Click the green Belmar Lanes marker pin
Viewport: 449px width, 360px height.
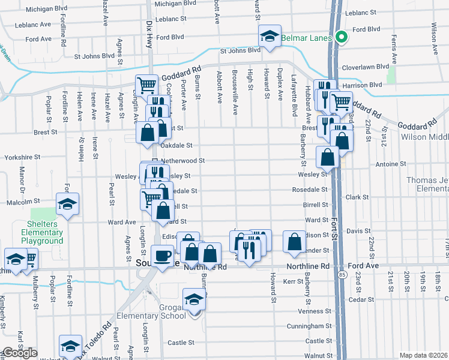342,37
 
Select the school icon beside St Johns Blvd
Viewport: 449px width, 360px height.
270,37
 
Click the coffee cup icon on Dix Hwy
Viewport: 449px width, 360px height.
162,256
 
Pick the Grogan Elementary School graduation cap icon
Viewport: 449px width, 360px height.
194,298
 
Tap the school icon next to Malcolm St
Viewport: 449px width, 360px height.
68,204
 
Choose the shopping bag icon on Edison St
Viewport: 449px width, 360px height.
294,242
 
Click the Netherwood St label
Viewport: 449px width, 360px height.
184,161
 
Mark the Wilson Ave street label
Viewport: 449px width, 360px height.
433,36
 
